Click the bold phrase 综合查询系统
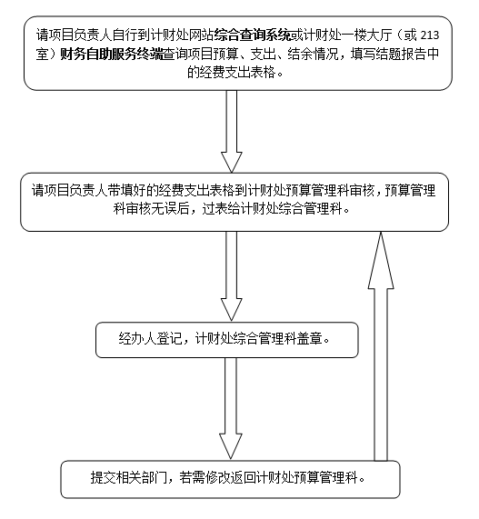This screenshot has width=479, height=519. pyautogui.click(x=253, y=35)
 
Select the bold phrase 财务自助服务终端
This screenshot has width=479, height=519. pyautogui.click(x=111, y=55)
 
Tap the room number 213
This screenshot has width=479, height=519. pyautogui.click(x=429, y=35)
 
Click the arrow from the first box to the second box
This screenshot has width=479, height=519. pyautogui.click(x=232, y=132)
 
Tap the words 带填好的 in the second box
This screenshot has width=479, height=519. pyautogui.click(x=134, y=190)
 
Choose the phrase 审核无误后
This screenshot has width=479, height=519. pyautogui.click(x=157, y=209)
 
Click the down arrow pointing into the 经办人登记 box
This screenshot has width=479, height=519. pyautogui.click(x=232, y=276)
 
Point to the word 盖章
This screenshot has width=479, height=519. pyautogui.click(x=310, y=339)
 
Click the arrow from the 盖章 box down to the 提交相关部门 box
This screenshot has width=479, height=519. pyautogui.click(x=231, y=408)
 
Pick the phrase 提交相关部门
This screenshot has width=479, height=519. pyautogui.click(x=129, y=478)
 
